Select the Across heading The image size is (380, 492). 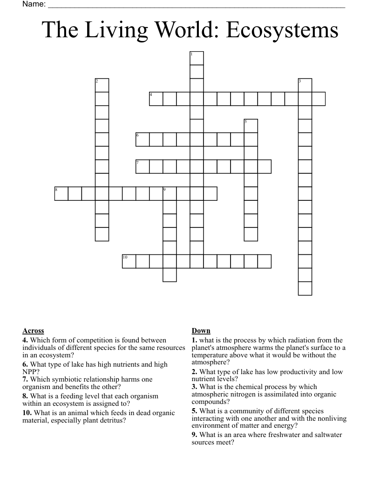[33, 331]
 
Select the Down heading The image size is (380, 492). [201, 331]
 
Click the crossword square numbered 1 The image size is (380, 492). [197, 58]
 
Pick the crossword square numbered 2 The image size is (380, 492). [102, 85]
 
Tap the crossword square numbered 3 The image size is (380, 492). [305, 85]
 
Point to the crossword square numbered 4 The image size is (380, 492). [156, 99]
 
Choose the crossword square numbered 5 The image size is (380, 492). [251, 126]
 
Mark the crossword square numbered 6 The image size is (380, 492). [142, 139]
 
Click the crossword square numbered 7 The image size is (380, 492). [142, 166]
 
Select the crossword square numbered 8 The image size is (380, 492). [61, 193]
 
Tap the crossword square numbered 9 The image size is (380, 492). [170, 193]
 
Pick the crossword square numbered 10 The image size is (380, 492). [129, 261]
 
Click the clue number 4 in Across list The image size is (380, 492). [25, 341]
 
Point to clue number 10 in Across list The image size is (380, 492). [27, 413]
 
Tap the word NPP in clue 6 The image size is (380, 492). [29, 372]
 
